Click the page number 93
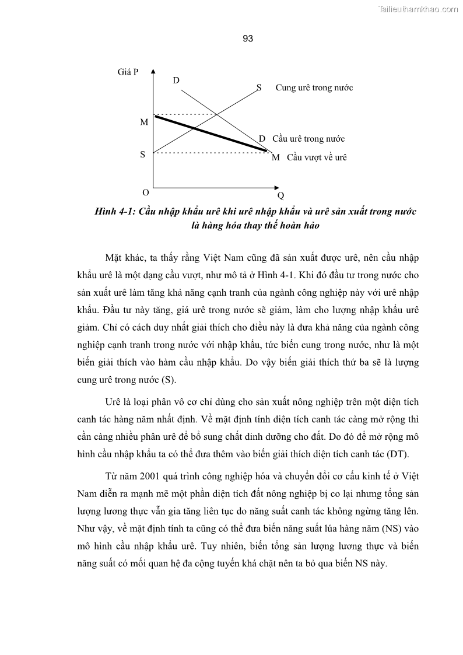pos(247,39)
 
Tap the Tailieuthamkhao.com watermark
pos(419,9)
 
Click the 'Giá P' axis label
pos(128,73)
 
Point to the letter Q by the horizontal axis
pos(280,195)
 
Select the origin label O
pos(145,192)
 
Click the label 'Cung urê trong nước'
pos(314,87)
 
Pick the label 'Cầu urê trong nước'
pos(308,139)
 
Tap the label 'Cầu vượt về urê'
pos(317,157)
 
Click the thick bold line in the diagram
pos(210,134)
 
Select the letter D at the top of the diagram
pos(176,80)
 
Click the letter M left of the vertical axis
pos(144,122)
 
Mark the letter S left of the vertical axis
pos(143,156)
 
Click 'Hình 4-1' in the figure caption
pos(114,211)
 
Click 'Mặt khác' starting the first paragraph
pos(123,257)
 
